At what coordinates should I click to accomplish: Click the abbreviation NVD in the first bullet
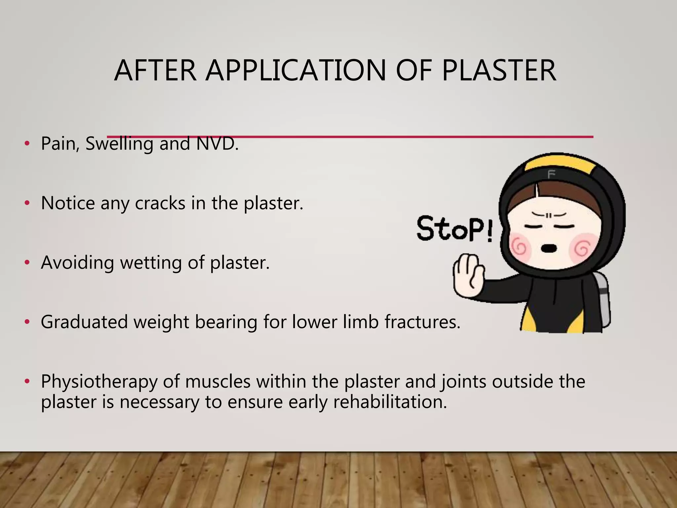217,144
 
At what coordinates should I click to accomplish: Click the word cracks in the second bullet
160,203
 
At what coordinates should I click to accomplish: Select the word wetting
151,263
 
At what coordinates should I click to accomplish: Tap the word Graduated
84,322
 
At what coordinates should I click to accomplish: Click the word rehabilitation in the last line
390,402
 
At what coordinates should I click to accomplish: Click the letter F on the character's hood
551,174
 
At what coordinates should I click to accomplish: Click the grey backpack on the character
603,298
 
